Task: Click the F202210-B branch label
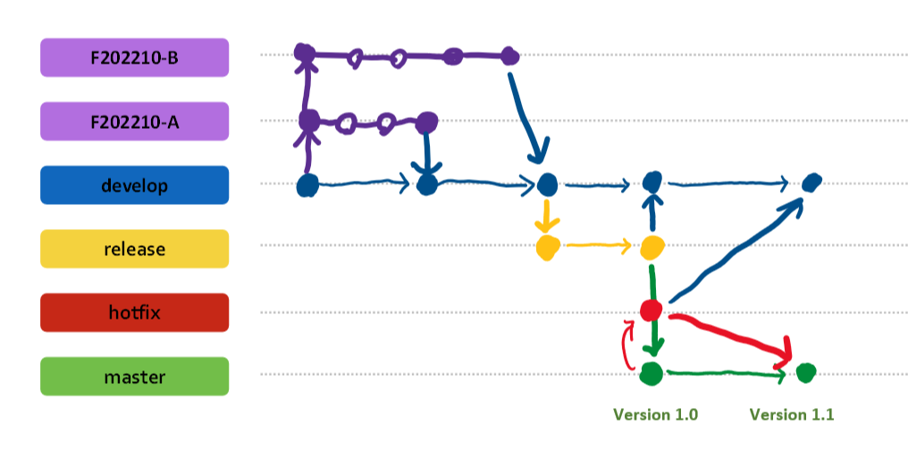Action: pos(134,57)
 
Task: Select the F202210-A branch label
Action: pos(134,121)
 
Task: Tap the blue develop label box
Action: pos(134,185)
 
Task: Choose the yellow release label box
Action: pos(134,249)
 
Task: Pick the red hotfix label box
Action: pos(134,312)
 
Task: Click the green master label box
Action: pos(134,377)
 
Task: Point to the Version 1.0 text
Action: pos(654,414)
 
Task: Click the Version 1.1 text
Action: pos(791,414)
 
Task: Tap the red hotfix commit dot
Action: pos(652,311)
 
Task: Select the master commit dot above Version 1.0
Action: pos(651,373)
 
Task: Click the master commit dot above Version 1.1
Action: pos(805,371)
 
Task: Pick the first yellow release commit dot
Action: pos(547,247)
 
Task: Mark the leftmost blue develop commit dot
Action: pos(307,186)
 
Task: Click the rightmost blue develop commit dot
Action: pos(811,183)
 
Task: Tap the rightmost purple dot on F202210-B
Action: pos(509,56)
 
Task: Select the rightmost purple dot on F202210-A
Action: pos(427,121)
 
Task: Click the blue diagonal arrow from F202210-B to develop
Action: pos(527,116)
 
